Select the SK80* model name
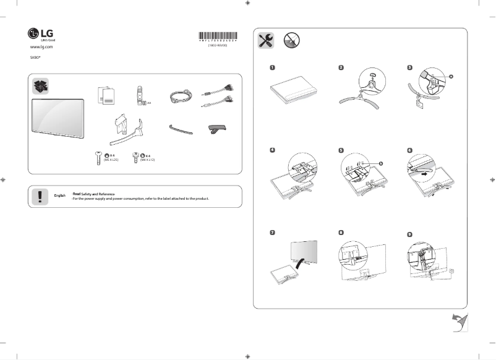tap(35, 56)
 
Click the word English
tap(60, 195)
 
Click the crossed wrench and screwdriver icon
tap(267, 41)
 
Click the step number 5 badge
tap(341, 150)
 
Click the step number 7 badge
tap(272, 233)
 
